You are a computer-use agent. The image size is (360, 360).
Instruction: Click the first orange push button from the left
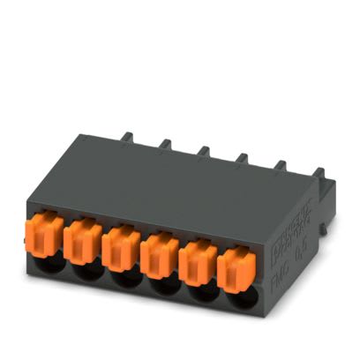point(49,235)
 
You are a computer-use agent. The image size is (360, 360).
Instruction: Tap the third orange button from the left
point(121,247)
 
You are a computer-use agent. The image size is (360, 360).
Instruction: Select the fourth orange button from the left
point(158,253)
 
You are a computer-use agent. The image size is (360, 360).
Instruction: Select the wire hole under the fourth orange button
point(161,285)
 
